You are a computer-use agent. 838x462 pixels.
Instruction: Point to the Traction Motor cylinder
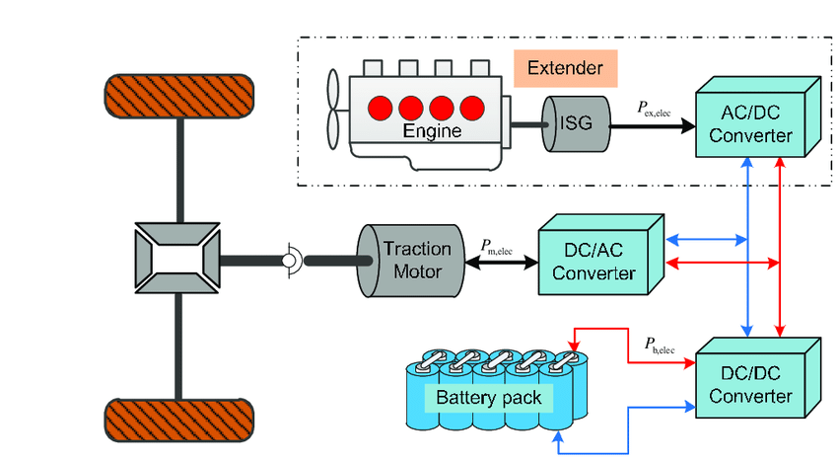coord(410,261)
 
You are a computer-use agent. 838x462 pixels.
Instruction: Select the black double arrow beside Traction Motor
coord(497,262)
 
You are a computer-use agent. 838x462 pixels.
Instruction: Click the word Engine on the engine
coord(426,130)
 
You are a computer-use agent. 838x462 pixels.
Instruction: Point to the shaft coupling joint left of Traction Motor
coord(291,261)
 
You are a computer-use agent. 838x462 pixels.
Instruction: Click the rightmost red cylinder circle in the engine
coord(473,106)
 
